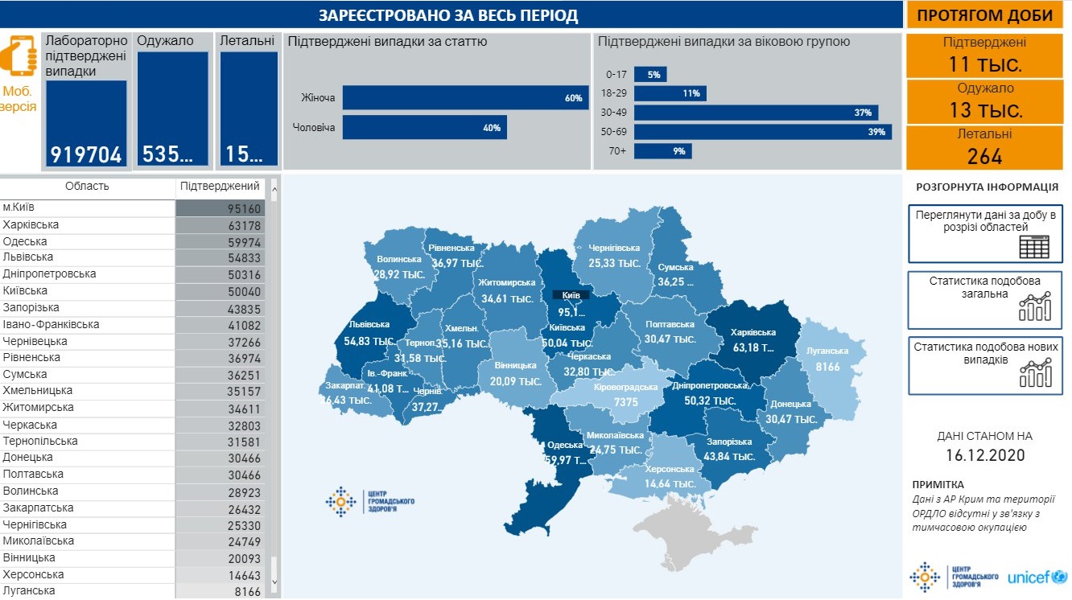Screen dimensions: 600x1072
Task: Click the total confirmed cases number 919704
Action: click(86, 154)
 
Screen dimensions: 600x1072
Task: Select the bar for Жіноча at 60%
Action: click(465, 98)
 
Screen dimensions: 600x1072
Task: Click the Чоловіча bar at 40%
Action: click(424, 127)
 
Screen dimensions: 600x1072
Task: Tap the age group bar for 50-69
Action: click(762, 132)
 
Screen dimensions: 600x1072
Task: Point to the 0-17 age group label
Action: click(616, 75)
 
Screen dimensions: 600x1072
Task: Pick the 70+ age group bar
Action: click(662, 151)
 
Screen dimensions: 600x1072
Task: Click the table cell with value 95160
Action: click(220, 208)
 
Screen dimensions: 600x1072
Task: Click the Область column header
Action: click(87, 187)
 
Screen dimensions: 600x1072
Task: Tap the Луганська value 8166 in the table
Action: click(220, 591)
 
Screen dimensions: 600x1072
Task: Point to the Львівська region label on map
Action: click(369, 324)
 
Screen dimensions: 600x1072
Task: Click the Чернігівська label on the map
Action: click(614, 249)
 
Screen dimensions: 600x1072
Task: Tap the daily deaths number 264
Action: click(984, 156)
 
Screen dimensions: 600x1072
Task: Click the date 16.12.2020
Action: click(984, 455)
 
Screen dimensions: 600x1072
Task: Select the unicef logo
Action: click(1037, 577)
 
